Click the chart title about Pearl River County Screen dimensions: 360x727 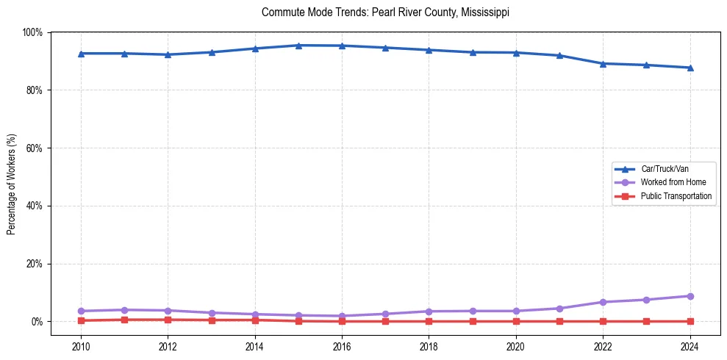point(385,12)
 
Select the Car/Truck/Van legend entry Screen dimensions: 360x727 point(665,169)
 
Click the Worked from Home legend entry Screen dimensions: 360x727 point(673,182)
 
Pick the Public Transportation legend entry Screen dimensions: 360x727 point(676,196)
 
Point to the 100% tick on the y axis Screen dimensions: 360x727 point(32,32)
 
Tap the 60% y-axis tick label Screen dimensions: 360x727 point(35,148)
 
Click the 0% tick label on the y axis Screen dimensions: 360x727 point(37,322)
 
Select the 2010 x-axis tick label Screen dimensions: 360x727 point(81,347)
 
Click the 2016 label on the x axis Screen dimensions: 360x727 point(342,347)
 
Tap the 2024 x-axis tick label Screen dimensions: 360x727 point(690,347)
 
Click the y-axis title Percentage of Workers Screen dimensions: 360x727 point(12,184)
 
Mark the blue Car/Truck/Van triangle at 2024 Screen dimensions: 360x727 point(690,68)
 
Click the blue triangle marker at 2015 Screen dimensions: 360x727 point(298,46)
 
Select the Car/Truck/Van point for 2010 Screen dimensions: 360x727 point(81,54)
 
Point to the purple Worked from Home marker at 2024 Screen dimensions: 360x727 point(690,296)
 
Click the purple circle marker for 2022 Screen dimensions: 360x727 point(603,302)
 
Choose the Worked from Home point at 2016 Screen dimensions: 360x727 point(342,316)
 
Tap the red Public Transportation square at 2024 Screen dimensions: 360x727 point(690,321)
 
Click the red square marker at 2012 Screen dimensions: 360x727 point(168,320)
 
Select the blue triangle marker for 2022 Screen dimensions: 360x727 point(603,64)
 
